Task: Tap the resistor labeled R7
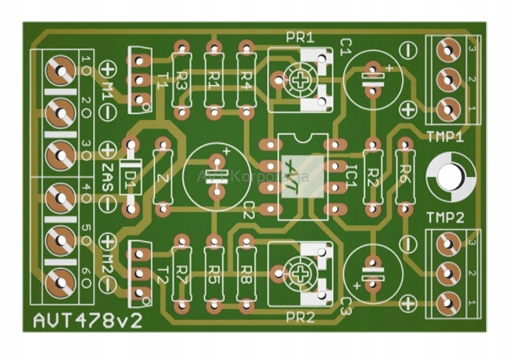click(x=181, y=272)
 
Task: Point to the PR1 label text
click(x=300, y=38)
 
